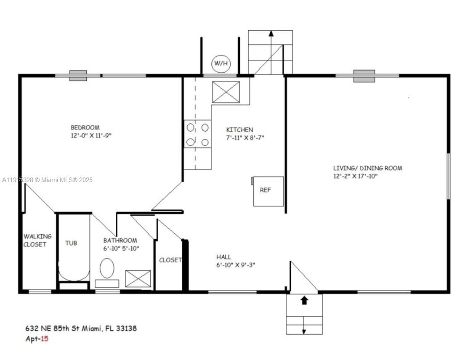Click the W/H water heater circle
click(x=221, y=64)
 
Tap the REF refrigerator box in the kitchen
click(x=268, y=191)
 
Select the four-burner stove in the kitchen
click(x=197, y=134)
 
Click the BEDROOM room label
click(x=85, y=127)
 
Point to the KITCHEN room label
click(x=239, y=130)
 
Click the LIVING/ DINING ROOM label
click(x=367, y=168)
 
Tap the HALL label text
click(x=223, y=257)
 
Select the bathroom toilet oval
click(x=107, y=268)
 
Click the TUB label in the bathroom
click(x=71, y=243)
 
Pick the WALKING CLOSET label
click(x=37, y=240)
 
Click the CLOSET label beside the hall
click(x=170, y=260)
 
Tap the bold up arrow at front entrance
click(x=304, y=300)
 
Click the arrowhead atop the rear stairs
click(x=271, y=33)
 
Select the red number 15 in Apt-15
click(x=44, y=338)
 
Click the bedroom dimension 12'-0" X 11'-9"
click(x=91, y=135)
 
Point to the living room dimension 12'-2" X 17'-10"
click(x=355, y=176)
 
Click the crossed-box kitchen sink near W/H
click(x=226, y=92)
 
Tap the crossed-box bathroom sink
click(x=138, y=279)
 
